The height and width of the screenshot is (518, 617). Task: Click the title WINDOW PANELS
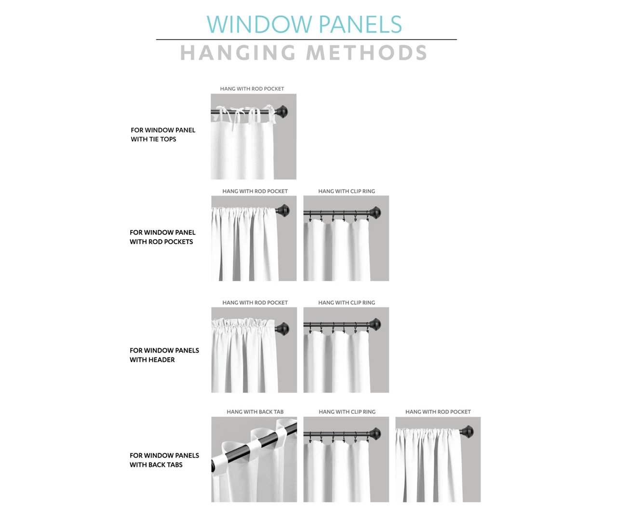tap(304, 25)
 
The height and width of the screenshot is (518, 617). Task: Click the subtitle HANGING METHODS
tap(304, 53)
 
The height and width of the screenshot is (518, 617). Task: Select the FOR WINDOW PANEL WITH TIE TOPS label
tap(163, 135)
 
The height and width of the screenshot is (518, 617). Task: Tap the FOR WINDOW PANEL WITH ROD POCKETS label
tap(162, 237)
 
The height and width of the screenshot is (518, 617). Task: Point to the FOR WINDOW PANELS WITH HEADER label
tap(164, 355)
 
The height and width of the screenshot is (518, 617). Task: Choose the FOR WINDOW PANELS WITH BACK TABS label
tap(164, 460)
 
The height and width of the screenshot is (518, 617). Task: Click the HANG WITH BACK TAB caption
tap(255, 412)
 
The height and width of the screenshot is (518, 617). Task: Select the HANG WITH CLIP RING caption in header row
tap(347, 303)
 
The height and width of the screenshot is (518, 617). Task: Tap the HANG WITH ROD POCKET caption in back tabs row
tap(438, 412)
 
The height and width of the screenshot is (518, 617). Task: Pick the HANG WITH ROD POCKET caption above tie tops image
tap(252, 89)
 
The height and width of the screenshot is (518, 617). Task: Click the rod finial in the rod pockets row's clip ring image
tap(376, 212)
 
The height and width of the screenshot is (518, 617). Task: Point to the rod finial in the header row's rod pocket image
tap(283, 328)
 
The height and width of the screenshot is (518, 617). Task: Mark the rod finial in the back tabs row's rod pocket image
tap(468, 432)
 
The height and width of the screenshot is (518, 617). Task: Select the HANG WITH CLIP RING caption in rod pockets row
tap(347, 191)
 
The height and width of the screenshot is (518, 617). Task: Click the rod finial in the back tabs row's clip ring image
tap(376, 434)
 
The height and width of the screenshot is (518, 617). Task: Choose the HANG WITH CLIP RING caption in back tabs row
tap(347, 412)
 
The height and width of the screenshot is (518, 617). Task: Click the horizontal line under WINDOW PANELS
tap(306, 40)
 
